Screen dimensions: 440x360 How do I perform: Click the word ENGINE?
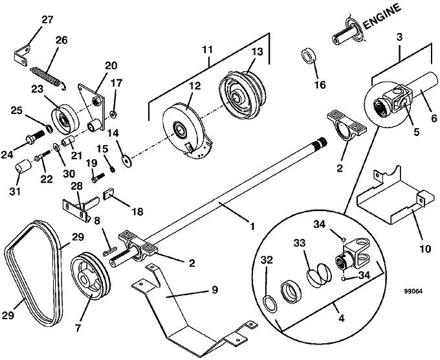tap(382, 17)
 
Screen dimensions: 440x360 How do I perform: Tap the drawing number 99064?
tap(413, 291)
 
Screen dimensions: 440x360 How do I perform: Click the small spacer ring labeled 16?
tap(309, 56)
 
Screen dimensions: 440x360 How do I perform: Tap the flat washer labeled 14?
tap(127, 160)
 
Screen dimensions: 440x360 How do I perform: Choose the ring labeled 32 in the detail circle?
tap(270, 304)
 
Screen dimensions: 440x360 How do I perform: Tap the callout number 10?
tap(425, 249)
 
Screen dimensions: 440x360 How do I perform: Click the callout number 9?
tap(215, 289)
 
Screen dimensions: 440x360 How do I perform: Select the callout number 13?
tap(257, 52)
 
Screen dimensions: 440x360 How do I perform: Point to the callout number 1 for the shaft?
tap(252, 226)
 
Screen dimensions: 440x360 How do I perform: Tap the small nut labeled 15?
tap(113, 170)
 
